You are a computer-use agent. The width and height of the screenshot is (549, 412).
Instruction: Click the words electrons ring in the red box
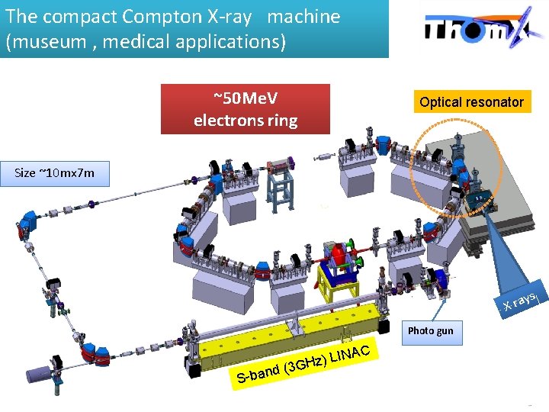pos(246,121)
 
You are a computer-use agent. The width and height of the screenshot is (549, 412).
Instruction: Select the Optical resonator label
pos(471,101)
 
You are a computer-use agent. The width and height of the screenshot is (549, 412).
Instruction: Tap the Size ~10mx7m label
pos(55,172)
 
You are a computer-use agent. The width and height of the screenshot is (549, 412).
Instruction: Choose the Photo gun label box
pos(430,330)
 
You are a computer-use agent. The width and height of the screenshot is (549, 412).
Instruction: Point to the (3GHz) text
pos(304,365)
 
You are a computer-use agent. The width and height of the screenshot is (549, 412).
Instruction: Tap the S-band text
pos(257,374)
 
